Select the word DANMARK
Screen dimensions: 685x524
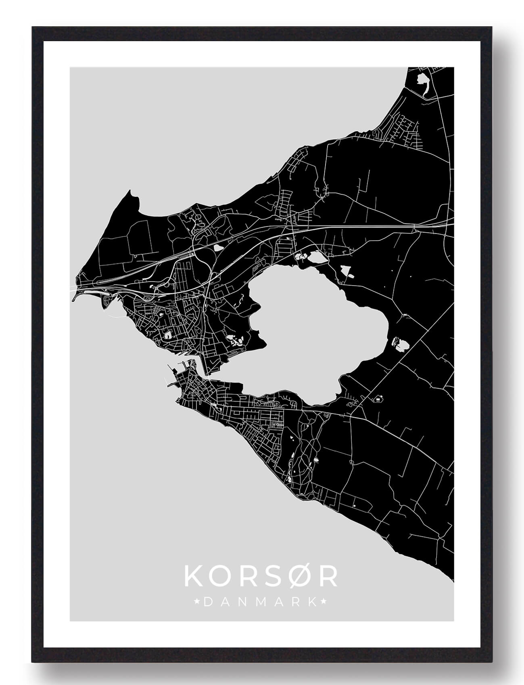tap(260, 602)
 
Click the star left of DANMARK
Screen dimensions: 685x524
tap(197, 602)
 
